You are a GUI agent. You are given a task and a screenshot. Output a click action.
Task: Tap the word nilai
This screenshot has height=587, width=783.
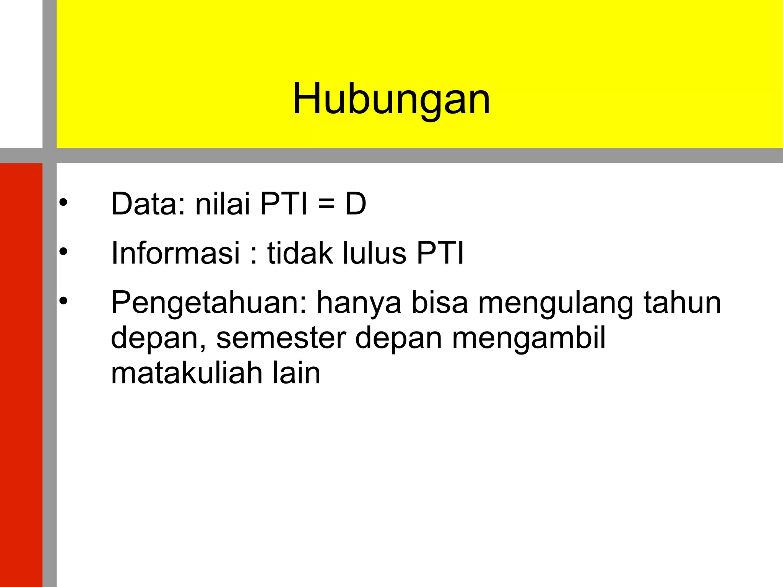tap(223, 204)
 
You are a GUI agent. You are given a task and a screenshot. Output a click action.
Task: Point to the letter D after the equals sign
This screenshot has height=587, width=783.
tap(356, 204)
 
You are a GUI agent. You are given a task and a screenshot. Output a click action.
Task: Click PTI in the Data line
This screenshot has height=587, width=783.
tap(284, 204)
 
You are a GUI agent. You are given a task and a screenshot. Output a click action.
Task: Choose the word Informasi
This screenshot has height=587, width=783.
tap(175, 253)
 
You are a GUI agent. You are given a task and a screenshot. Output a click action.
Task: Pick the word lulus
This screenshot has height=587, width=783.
tap(374, 253)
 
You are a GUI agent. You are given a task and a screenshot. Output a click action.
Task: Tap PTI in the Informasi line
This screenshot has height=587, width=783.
tap(440, 253)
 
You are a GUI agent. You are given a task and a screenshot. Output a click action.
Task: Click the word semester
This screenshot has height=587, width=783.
tap(281, 338)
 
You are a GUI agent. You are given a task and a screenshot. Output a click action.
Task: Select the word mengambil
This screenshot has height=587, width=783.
tap(529, 338)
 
